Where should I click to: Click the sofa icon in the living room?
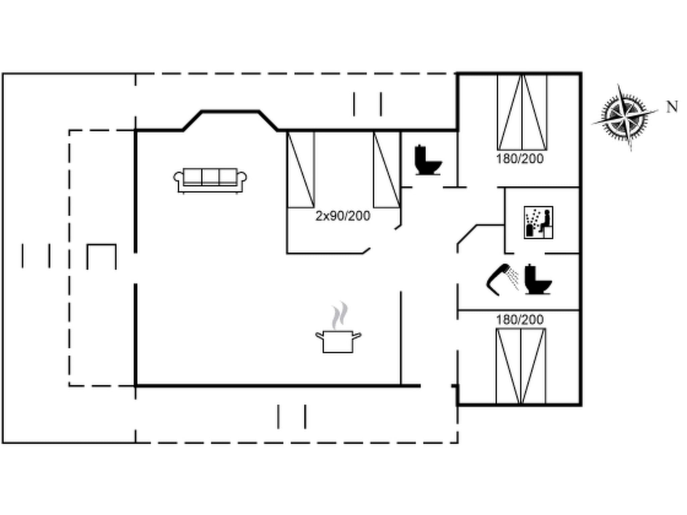[x=210, y=180]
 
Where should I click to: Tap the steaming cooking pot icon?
[x=338, y=336]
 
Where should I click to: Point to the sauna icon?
[x=538, y=223]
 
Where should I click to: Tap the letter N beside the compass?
[x=672, y=107]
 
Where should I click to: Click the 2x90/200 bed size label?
[x=343, y=216]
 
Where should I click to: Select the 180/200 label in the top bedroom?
[x=520, y=159]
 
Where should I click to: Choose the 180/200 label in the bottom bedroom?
[x=520, y=320]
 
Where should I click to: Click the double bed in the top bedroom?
[x=522, y=112]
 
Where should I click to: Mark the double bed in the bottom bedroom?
[x=521, y=366]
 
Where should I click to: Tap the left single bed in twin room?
[x=301, y=169]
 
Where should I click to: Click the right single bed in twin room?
[x=387, y=169]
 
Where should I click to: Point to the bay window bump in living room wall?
[x=230, y=119]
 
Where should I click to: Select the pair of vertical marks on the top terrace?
[x=367, y=104]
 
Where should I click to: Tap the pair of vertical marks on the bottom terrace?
[x=292, y=417]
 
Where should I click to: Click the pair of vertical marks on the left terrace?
[x=36, y=256]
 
